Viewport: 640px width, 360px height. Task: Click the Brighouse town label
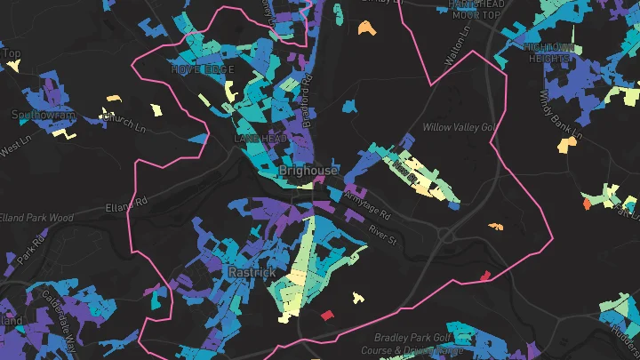pyautogui.click(x=308, y=170)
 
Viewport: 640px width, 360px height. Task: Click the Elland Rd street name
pyautogui.click(x=123, y=208)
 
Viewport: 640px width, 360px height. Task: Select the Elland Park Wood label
pyautogui.click(x=36, y=217)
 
